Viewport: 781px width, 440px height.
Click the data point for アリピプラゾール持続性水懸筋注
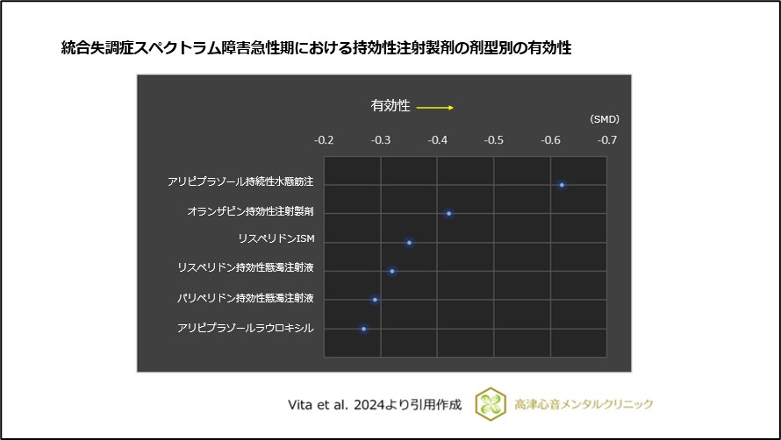tap(562, 185)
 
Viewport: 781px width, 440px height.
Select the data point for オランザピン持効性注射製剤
tap(448, 213)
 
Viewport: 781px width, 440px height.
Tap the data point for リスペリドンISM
tap(409, 242)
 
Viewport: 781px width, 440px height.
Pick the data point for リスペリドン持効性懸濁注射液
tap(392, 271)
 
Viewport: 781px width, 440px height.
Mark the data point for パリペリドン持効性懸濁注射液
tap(375, 300)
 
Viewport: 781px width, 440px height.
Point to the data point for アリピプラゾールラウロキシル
tap(363, 329)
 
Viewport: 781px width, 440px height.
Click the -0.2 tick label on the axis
tap(324, 140)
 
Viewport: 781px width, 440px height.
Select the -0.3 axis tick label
tap(381, 140)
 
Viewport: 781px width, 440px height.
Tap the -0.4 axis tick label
tap(437, 140)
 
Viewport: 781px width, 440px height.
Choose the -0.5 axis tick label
tap(494, 140)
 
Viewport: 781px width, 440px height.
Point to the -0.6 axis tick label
tap(550, 140)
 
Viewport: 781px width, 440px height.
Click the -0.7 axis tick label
tap(607, 140)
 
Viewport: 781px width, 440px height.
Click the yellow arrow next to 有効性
tap(434, 107)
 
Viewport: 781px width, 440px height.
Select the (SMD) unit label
tap(604, 119)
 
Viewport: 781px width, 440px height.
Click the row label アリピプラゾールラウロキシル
tap(245, 328)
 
